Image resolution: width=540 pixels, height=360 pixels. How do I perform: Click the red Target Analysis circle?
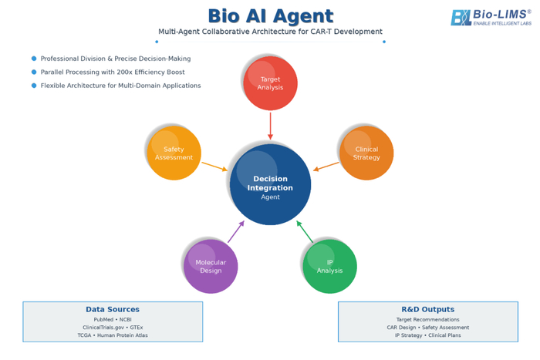click(x=270, y=83)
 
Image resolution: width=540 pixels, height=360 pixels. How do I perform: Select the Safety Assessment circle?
click(x=174, y=153)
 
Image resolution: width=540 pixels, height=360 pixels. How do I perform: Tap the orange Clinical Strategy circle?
click(x=366, y=153)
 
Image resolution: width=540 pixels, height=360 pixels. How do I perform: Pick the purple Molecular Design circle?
click(x=211, y=267)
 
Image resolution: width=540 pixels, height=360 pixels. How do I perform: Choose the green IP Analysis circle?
click(x=330, y=267)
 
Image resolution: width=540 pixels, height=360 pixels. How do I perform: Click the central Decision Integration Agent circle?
click(x=270, y=184)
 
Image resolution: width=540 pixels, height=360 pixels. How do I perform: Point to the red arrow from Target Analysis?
click(x=270, y=126)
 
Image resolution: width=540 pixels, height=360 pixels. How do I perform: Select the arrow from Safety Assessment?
click(x=214, y=167)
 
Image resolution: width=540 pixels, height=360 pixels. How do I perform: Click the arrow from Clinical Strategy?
click(x=326, y=167)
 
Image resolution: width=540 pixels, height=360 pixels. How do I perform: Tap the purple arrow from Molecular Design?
click(x=236, y=231)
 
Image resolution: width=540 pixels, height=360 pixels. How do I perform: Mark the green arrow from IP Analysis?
click(x=305, y=231)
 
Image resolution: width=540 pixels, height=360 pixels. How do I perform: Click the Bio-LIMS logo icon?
click(x=461, y=18)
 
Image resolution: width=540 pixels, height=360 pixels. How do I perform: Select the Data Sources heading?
click(x=113, y=309)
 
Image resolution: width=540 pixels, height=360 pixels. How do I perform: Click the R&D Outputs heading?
click(x=427, y=309)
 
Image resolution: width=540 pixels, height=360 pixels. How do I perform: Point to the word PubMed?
click(x=103, y=319)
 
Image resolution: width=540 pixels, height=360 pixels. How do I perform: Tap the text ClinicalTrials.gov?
click(x=103, y=328)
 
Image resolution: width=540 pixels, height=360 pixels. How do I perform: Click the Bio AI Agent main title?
click(x=271, y=16)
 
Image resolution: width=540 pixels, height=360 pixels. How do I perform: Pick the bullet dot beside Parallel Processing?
click(x=34, y=72)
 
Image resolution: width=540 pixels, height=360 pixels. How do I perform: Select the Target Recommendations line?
click(x=427, y=319)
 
